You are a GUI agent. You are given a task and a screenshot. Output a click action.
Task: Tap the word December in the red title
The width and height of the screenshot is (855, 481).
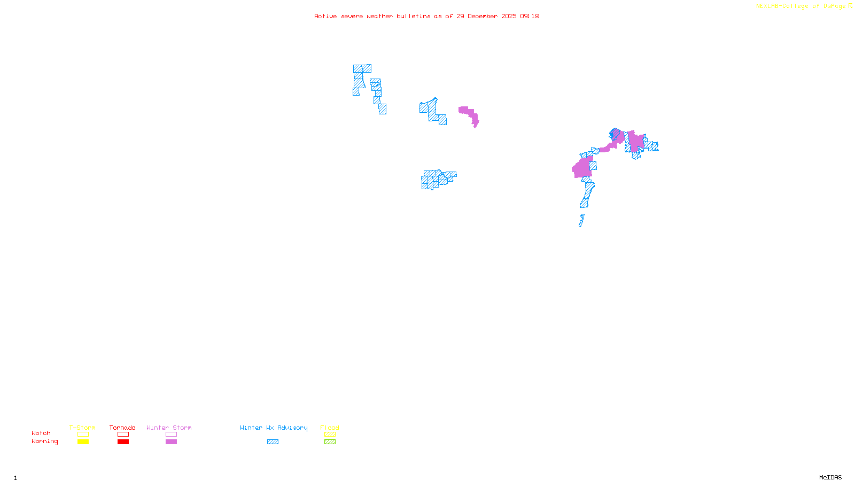(483, 17)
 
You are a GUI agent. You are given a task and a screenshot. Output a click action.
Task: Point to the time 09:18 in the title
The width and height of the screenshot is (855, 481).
(529, 17)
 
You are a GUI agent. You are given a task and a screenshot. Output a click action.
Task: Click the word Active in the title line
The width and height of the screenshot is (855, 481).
(325, 17)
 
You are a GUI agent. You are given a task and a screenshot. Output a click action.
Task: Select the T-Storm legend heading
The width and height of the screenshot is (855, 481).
(82, 428)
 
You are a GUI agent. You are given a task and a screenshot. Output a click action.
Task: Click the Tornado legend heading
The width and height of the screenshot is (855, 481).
(122, 428)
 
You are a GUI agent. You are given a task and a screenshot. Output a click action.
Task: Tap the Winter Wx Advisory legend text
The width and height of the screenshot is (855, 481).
(274, 428)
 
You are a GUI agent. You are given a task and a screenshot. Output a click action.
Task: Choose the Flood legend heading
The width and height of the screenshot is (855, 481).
(330, 428)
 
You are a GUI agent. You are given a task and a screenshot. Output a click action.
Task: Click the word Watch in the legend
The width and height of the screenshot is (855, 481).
(41, 433)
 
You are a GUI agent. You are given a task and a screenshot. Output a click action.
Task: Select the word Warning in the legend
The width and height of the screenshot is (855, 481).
(45, 441)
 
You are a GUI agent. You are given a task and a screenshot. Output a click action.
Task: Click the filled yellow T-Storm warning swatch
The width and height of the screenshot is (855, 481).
(83, 442)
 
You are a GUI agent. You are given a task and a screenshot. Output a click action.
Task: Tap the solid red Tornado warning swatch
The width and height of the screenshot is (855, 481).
(123, 442)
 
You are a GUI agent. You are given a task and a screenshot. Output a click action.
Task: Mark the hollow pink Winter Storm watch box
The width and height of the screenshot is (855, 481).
(171, 435)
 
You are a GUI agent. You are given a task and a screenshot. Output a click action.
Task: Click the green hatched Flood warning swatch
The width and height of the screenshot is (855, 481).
(330, 442)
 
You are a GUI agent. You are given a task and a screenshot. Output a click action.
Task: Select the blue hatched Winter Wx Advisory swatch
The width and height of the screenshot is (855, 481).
(273, 442)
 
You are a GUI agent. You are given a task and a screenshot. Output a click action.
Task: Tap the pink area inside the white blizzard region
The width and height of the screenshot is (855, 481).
(468, 114)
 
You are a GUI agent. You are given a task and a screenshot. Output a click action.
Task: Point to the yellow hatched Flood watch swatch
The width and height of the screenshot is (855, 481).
(330, 435)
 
